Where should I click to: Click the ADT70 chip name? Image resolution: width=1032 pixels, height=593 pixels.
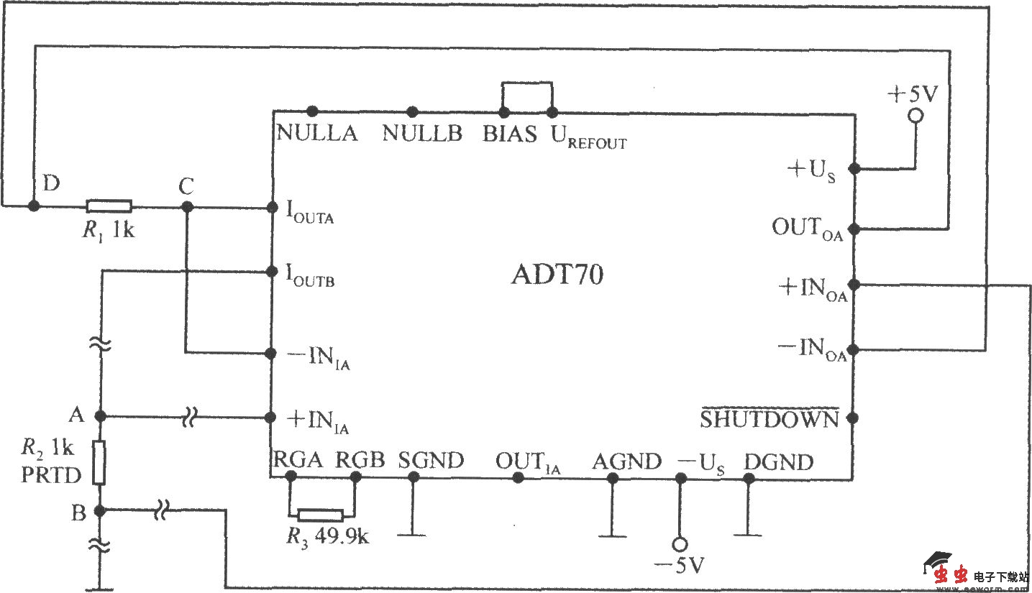(557, 276)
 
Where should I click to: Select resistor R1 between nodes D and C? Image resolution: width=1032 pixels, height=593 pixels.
(109, 206)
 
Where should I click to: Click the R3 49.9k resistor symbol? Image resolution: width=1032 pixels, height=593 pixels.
(321, 515)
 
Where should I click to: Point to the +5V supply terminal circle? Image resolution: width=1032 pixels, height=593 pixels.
(915, 116)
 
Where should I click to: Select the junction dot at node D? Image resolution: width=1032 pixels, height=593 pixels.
(33, 206)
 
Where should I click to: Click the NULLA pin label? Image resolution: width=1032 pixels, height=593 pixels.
(317, 134)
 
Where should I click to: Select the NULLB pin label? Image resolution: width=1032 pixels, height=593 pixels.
(422, 134)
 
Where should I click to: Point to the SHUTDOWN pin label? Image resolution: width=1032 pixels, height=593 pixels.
(770, 419)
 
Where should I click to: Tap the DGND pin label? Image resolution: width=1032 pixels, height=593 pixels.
(778, 462)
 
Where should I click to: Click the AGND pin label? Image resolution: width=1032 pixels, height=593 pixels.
(626, 462)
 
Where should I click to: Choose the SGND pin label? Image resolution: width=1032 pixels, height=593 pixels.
(431, 460)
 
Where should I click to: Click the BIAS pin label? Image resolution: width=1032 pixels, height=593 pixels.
(510, 134)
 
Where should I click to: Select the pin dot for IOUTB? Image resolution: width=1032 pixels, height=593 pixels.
(272, 272)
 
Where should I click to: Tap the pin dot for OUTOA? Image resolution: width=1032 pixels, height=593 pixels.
(854, 230)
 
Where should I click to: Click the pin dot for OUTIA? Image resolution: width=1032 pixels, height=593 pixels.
(516, 478)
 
